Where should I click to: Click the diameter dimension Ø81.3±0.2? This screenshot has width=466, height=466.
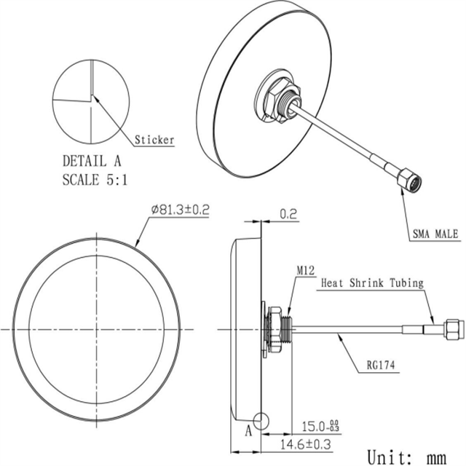pyautogui.click(x=180, y=210)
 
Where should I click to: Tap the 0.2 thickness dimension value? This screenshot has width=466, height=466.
pyautogui.click(x=288, y=214)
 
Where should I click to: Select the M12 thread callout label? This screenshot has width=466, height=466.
pyautogui.click(x=304, y=271)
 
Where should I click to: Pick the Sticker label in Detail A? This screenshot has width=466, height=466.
pyautogui.click(x=154, y=140)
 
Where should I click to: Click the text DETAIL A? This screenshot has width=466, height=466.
pyautogui.click(x=92, y=161)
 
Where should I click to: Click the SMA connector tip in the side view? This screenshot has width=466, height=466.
pyautogui.click(x=453, y=330)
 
